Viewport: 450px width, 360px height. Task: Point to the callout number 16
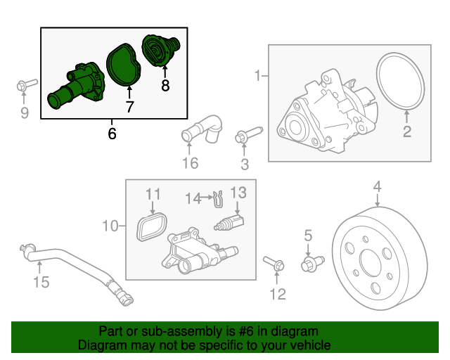[x=190, y=164]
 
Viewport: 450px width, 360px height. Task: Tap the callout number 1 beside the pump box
[x=258, y=75]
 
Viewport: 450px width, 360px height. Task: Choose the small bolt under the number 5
[x=310, y=264]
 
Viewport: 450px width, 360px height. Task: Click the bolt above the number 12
[x=274, y=264]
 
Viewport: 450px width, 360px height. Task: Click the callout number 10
[x=110, y=226]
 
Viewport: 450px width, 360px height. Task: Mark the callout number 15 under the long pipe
[x=41, y=283]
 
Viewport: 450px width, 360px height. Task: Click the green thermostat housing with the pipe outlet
[x=77, y=86]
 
